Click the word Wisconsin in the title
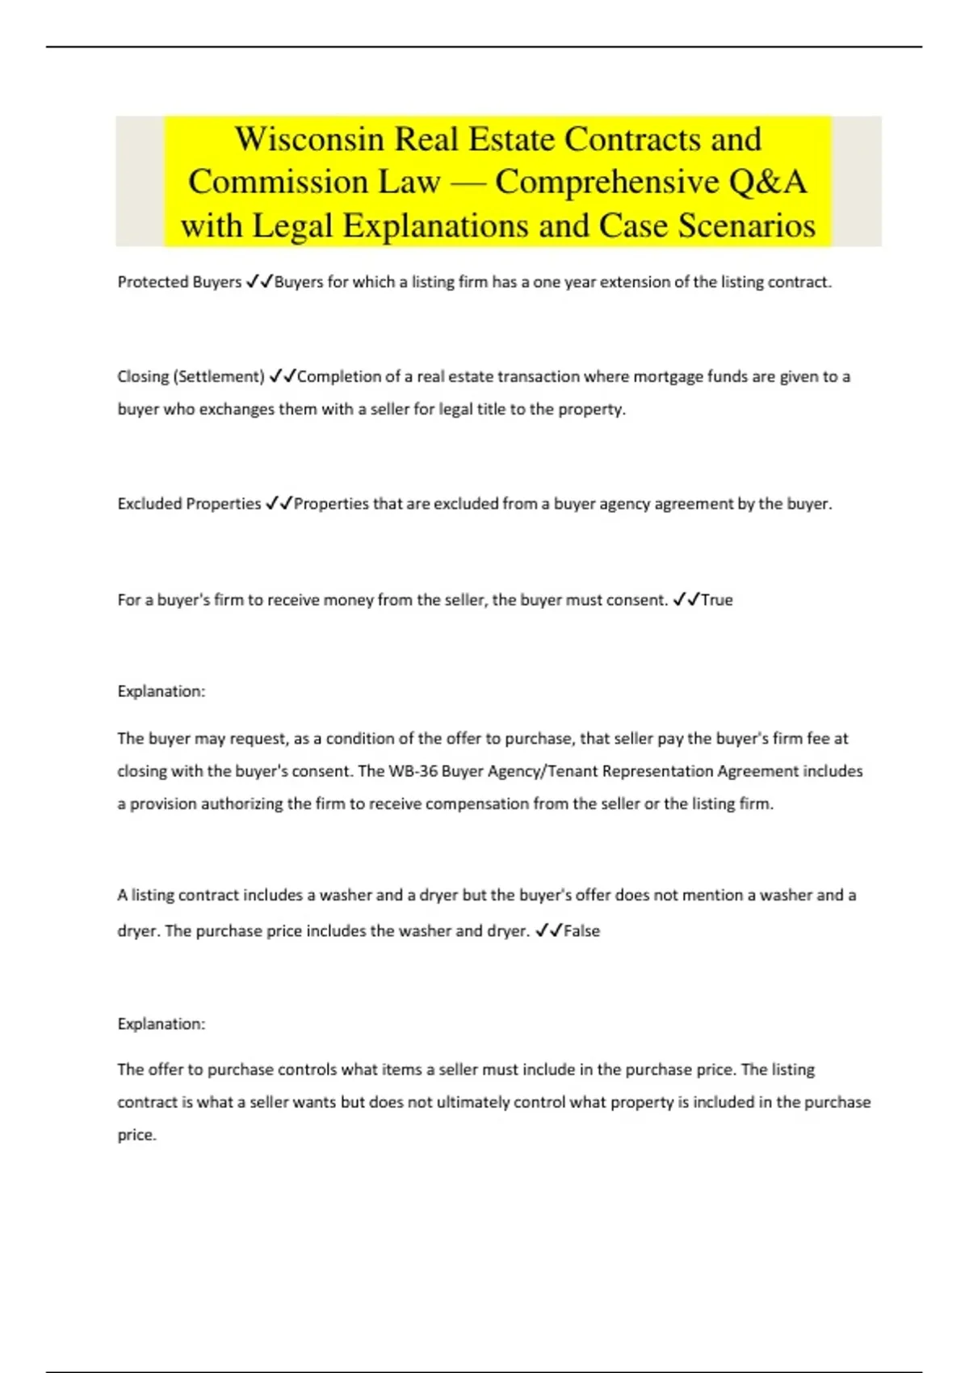[308, 139]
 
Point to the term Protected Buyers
[179, 282]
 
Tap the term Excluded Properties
[189, 504]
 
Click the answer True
[717, 600]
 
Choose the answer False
[581, 931]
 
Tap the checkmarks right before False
[548, 930]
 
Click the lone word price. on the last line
[136, 1136]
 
